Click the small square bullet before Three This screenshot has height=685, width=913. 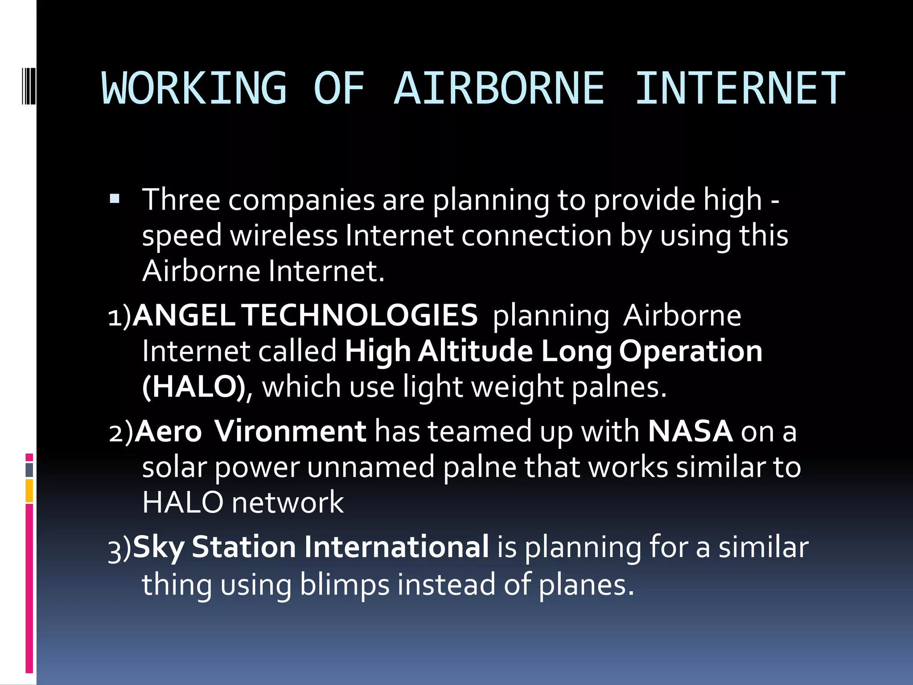click(x=115, y=199)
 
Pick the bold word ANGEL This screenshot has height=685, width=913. click(x=184, y=315)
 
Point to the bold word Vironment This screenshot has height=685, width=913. click(x=290, y=431)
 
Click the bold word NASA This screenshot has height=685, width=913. click(x=690, y=431)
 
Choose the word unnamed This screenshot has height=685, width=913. click(x=370, y=467)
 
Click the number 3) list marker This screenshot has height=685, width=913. click(x=119, y=549)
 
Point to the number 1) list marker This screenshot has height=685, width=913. click(x=119, y=317)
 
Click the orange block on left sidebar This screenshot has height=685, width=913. click(x=29, y=490)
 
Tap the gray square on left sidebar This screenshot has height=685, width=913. click(x=29, y=470)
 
